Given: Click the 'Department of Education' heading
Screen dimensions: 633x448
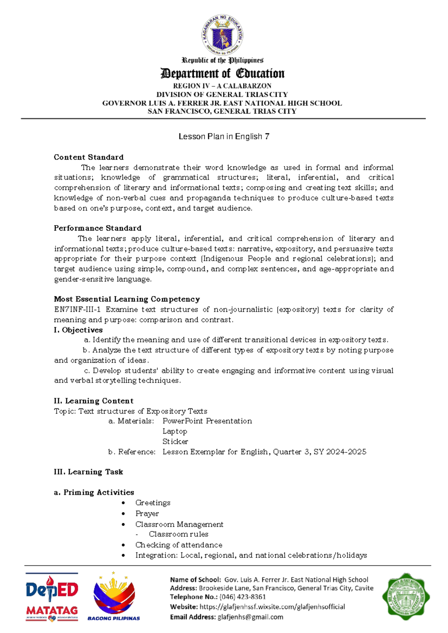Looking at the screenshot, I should tap(223, 74).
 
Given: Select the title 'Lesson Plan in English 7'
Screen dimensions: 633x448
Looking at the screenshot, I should tap(224, 137).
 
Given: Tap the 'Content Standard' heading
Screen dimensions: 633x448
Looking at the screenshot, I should tap(88, 157).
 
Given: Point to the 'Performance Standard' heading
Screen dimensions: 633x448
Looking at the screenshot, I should tap(97, 228).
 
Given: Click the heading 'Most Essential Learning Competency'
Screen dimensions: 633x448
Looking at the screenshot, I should tap(127, 299).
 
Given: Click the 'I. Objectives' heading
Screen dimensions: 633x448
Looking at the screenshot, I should tap(78, 330).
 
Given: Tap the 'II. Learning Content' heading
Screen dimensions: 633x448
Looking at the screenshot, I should tap(93, 401).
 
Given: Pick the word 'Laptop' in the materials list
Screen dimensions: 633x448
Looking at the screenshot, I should tap(175, 431).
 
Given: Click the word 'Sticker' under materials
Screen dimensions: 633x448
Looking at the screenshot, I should tap(175, 442).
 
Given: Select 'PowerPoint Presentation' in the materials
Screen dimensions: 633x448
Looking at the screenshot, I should tap(207, 421).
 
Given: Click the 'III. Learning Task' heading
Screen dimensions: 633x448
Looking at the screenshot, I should tap(88, 472).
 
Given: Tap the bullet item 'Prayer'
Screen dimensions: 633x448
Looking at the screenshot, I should tap(147, 514).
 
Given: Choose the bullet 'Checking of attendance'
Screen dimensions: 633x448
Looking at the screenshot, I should tap(179, 545).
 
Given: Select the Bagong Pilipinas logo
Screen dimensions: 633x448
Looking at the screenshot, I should tap(114, 596).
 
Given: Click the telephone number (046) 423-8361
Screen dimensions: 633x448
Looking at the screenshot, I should tap(243, 597).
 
